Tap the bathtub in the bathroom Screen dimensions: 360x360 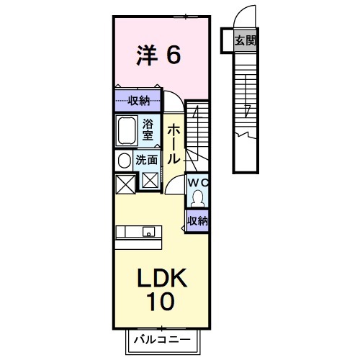click(127, 130)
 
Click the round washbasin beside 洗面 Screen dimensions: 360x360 click(124, 161)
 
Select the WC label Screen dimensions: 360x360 click(197, 183)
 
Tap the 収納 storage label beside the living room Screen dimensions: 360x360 click(197, 220)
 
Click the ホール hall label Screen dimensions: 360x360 click(174, 144)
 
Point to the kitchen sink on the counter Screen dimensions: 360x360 click(148, 232)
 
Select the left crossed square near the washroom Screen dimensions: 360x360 click(124, 183)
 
